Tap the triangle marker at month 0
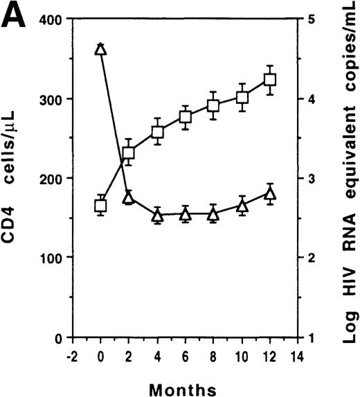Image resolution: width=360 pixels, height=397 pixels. [100, 48]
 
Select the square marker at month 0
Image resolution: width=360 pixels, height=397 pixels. [100, 205]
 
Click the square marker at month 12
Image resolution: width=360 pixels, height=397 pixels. [270, 80]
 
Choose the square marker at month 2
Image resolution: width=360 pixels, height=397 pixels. [129, 154]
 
